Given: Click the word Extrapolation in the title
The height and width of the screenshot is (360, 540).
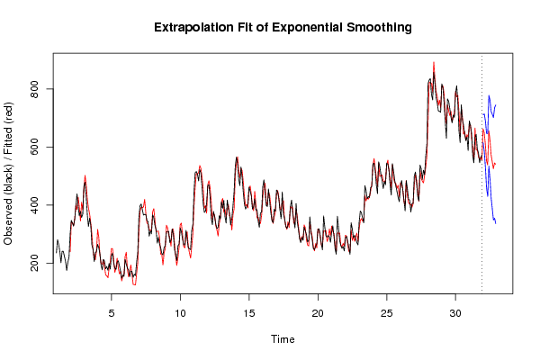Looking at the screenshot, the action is point(193,27).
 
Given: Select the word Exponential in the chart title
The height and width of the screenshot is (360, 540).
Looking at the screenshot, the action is point(307,27).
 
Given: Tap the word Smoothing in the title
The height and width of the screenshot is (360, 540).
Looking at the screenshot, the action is point(379,28).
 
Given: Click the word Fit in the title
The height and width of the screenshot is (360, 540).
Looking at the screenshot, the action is point(245,27).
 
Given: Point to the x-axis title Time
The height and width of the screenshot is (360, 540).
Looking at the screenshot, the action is point(283,339).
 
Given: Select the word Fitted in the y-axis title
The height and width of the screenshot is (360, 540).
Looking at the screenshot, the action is point(8,144).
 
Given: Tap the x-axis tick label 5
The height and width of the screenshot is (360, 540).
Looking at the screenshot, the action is point(112,313).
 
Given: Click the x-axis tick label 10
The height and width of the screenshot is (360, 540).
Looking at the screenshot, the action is point(180,313).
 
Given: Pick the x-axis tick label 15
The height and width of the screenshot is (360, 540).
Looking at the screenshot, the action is point(249,313).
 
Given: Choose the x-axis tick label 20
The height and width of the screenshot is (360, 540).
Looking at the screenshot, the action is point(318,313).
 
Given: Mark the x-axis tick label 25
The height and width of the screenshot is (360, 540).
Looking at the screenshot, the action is point(387,313).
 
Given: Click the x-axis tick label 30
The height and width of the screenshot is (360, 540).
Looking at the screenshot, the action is point(455,313).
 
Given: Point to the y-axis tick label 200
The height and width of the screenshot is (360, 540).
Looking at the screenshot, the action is point(34,263).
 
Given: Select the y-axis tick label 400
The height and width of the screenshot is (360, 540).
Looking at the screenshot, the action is point(34,205).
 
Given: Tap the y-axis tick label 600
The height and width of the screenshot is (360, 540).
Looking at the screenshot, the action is point(34,147).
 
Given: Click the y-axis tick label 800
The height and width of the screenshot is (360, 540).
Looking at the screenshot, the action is point(34,89).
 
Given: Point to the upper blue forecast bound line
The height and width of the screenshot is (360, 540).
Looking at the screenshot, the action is point(489,96).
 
